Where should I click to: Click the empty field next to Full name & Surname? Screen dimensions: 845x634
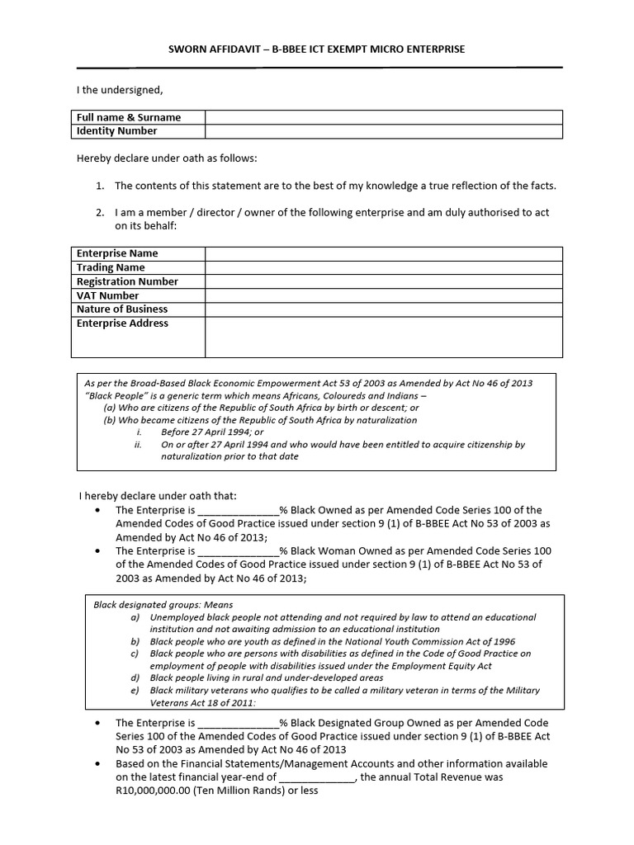(x=384, y=117)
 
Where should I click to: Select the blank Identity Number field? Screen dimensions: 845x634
(x=384, y=131)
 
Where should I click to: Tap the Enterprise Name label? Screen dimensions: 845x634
(x=117, y=253)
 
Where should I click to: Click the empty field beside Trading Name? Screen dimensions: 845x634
(x=384, y=267)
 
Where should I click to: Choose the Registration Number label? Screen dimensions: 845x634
(x=127, y=281)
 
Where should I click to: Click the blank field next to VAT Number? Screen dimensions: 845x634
(x=384, y=295)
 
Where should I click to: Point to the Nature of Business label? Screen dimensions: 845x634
(x=122, y=309)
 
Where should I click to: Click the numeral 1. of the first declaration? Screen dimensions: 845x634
(x=101, y=186)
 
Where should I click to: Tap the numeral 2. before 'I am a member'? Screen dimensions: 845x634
(x=101, y=213)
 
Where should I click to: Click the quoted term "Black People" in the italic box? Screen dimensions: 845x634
(x=111, y=396)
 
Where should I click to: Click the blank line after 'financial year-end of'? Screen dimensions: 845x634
(x=317, y=777)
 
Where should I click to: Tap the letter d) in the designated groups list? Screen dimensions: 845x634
(x=135, y=677)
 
